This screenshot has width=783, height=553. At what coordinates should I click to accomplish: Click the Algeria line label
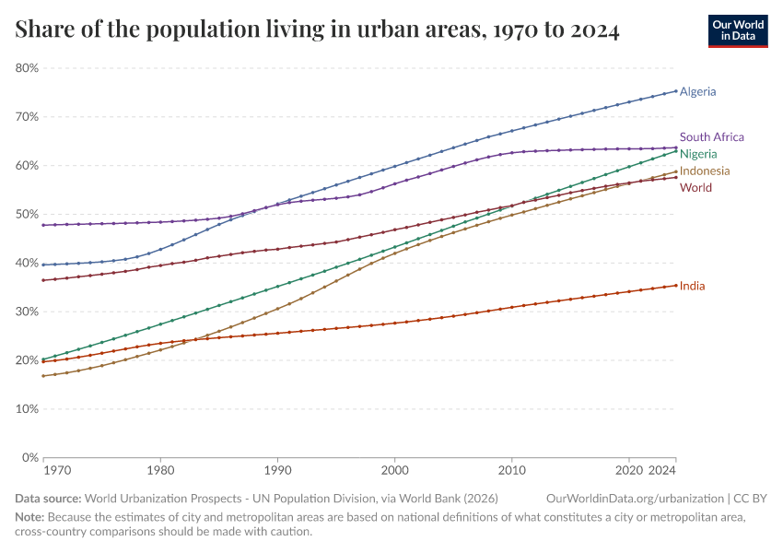click(697, 91)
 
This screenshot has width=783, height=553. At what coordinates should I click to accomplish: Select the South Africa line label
click(711, 137)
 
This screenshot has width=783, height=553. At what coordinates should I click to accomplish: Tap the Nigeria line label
click(698, 154)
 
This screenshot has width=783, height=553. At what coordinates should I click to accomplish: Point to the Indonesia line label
click(705, 171)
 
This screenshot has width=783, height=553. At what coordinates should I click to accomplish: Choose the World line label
click(695, 188)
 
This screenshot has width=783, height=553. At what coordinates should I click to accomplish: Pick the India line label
click(692, 286)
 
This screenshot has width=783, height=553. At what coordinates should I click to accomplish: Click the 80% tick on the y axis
click(27, 68)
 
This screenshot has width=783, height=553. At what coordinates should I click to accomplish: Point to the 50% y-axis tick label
click(27, 214)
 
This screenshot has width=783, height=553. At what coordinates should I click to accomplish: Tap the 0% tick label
click(30, 457)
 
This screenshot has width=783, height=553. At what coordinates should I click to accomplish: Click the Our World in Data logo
click(737, 30)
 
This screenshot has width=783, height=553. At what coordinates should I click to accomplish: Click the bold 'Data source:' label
click(47, 498)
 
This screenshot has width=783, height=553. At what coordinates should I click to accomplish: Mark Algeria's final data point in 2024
click(676, 91)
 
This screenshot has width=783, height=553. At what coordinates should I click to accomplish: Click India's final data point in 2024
click(676, 285)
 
